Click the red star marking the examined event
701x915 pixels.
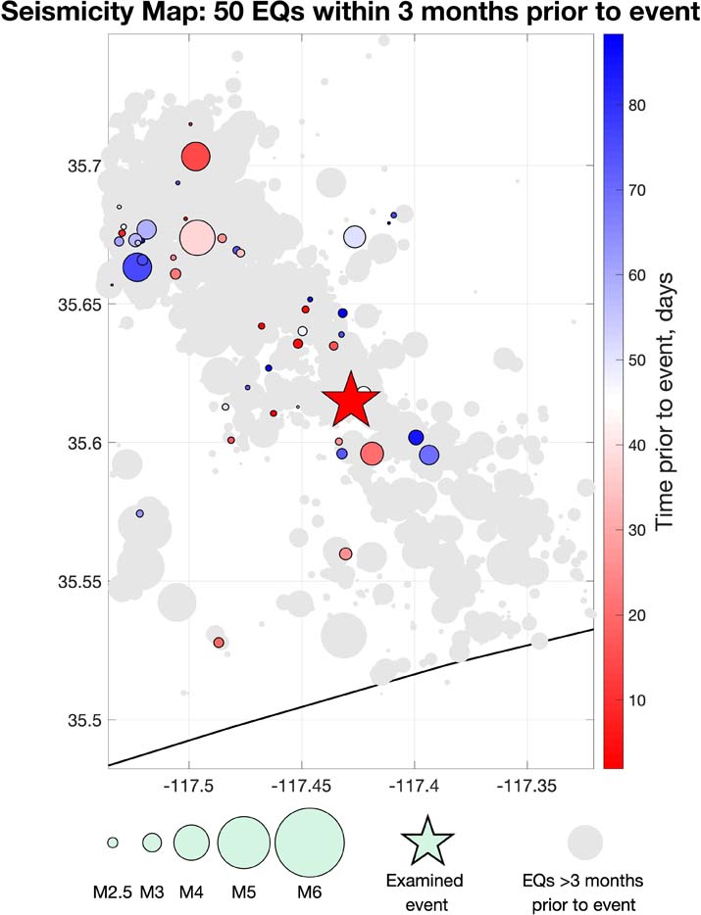(349, 400)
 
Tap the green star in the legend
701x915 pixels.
(427, 840)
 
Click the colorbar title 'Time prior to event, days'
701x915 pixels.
(667, 402)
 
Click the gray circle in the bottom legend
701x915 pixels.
(584, 842)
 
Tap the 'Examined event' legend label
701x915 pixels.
(428, 890)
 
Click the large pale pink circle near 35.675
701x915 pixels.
(197, 237)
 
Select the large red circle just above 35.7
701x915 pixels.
(196, 156)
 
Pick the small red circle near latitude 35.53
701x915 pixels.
(219, 643)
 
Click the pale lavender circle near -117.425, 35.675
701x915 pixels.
(354, 236)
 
